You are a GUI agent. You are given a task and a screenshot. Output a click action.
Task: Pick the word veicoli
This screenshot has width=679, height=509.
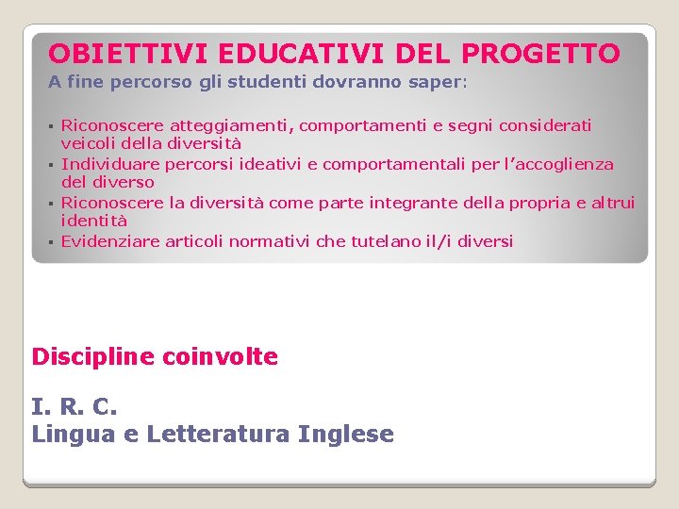[89, 144]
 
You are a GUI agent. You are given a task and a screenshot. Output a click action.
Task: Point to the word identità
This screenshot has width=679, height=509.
[94, 221]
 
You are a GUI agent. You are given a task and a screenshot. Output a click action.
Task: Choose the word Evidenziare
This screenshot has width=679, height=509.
[110, 241]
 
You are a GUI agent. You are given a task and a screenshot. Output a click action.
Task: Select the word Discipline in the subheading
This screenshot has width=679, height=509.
[93, 357]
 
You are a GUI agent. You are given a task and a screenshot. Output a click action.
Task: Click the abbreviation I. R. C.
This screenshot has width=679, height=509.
[75, 408]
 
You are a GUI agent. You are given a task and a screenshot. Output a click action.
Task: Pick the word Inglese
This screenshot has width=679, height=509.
[345, 435]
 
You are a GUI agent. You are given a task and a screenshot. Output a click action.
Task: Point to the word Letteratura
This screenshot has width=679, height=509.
[219, 435]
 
